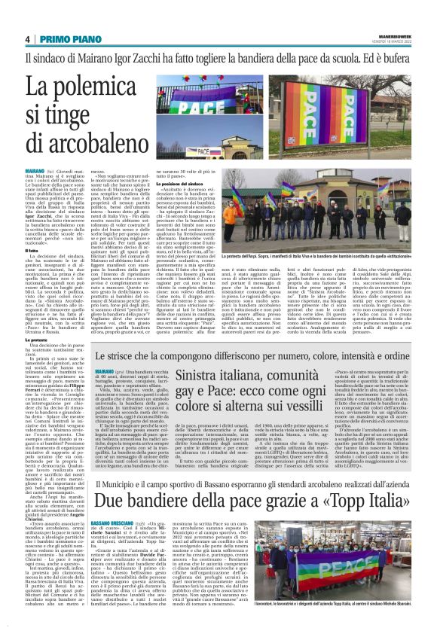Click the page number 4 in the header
click(x=28, y=40)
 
